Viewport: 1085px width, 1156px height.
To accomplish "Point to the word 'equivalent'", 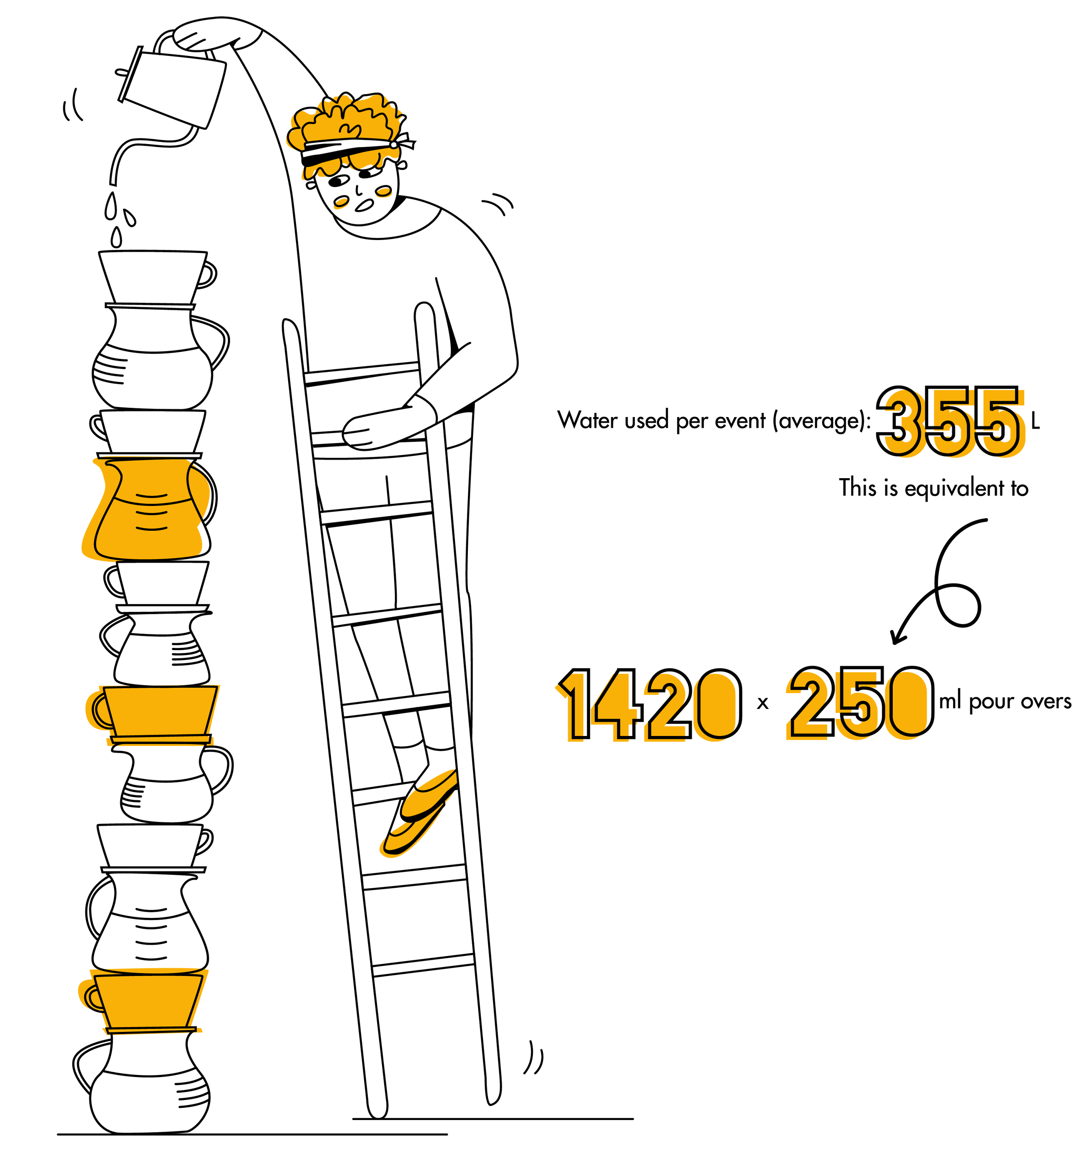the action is (955, 489).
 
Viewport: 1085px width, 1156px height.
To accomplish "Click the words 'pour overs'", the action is (1020, 702).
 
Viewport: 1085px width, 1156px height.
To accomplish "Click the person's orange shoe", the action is (420, 811).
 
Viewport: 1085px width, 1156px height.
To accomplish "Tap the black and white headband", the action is (355, 149).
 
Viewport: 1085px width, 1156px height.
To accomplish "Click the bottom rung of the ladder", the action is (423, 965).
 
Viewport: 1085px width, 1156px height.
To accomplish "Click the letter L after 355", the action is (1036, 422).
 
